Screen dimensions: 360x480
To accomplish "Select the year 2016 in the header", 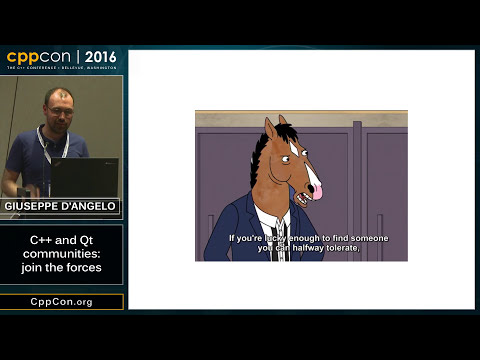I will coord(100,57).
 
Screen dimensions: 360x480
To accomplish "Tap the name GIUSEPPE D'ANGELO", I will coord(61,206).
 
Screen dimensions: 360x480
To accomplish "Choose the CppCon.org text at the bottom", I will coord(61,301).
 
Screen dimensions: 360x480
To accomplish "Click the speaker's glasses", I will coord(57,102).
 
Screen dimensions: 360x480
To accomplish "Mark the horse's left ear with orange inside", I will coord(270,128).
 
